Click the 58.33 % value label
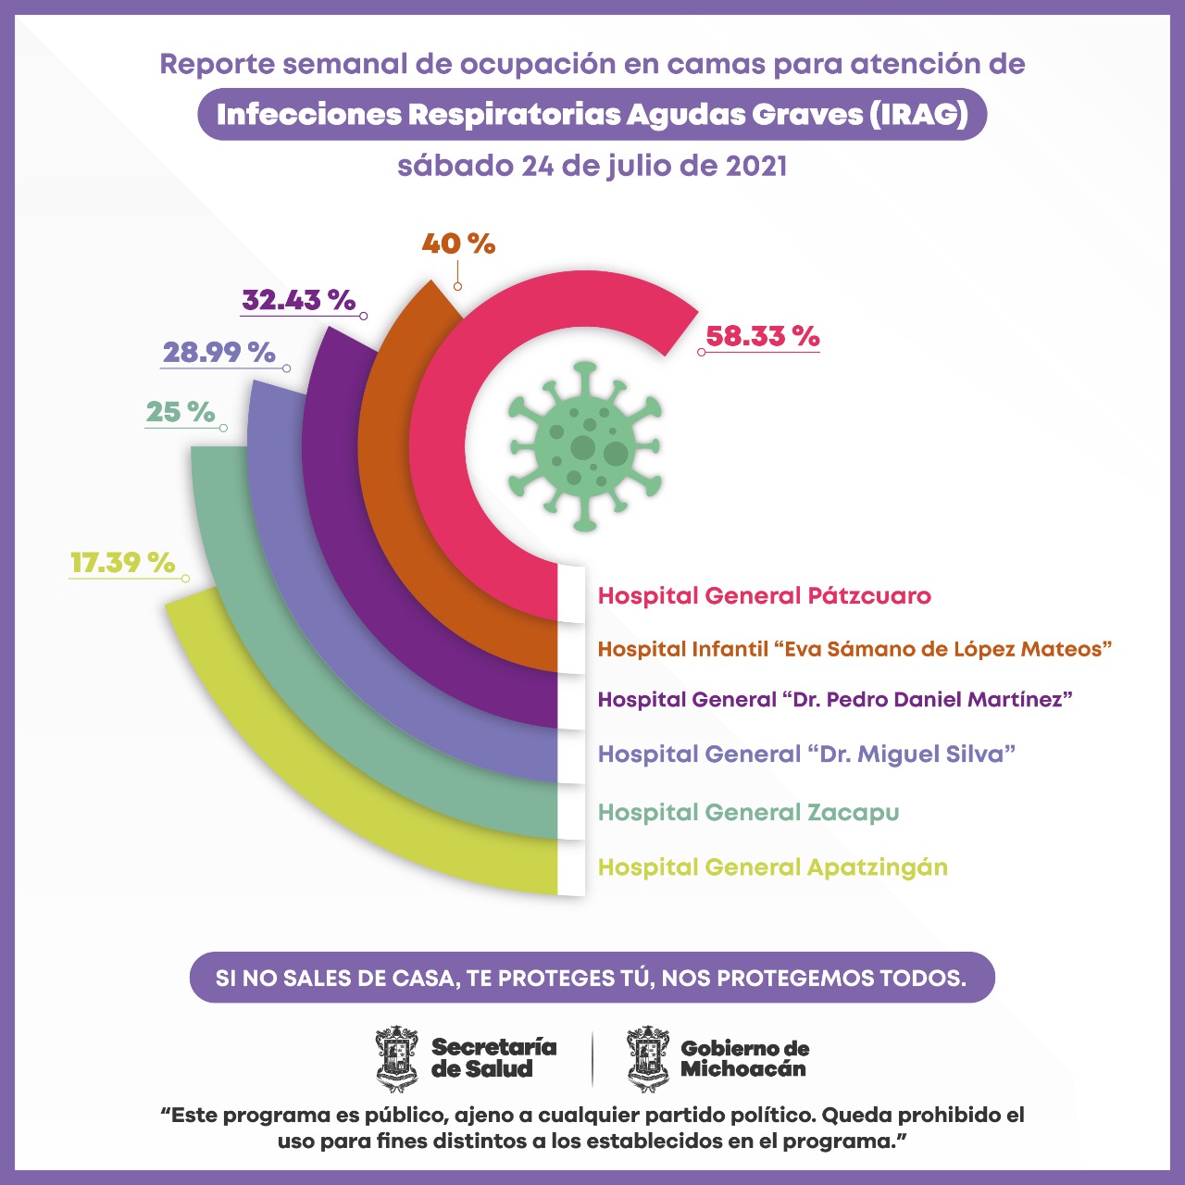[762, 336]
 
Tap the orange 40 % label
[458, 243]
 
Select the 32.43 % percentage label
[299, 300]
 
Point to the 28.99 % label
[219, 353]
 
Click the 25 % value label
[181, 412]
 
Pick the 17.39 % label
[122, 563]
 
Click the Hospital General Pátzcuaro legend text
[764, 596]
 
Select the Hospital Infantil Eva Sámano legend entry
[854, 649]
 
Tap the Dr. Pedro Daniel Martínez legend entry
[834, 700]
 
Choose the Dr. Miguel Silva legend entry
[806, 755]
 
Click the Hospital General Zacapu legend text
[748, 813]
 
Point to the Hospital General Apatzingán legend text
[772, 867]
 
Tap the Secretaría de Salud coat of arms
[397, 1059]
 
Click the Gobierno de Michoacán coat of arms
[648, 1059]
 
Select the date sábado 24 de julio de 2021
[592, 167]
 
